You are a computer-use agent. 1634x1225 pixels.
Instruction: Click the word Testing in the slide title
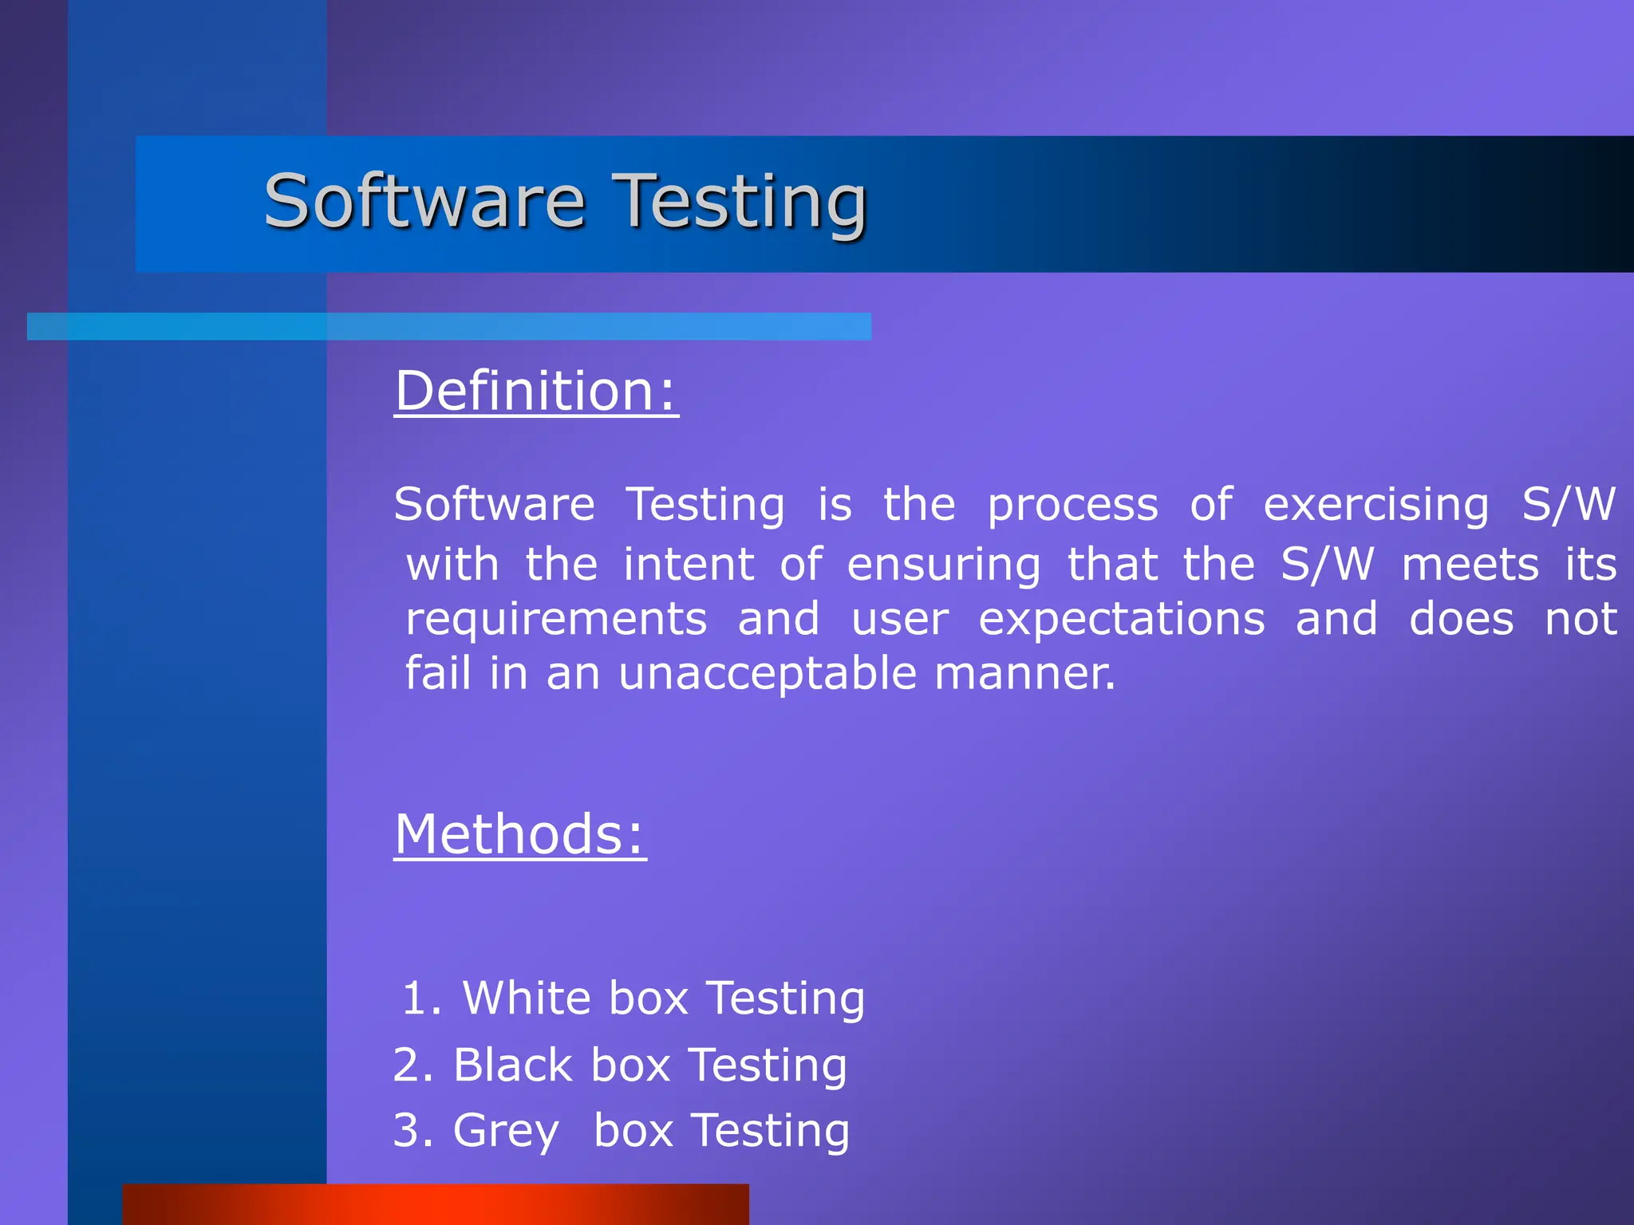pyautogui.click(x=742, y=203)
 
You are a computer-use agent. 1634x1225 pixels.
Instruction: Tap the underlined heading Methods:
pyautogui.click(x=520, y=834)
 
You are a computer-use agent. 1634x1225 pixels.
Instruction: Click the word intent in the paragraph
pyautogui.click(x=688, y=565)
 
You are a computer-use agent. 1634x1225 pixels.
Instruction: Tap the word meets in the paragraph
pyautogui.click(x=1470, y=565)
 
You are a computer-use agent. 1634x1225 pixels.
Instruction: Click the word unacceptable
pyautogui.click(x=767, y=674)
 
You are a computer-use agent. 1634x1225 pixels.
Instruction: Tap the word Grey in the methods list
pyautogui.click(x=506, y=1131)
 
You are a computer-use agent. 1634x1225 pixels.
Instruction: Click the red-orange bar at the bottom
pyautogui.click(x=435, y=1204)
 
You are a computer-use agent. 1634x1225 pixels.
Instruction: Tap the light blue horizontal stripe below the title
pyautogui.click(x=448, y=326)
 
